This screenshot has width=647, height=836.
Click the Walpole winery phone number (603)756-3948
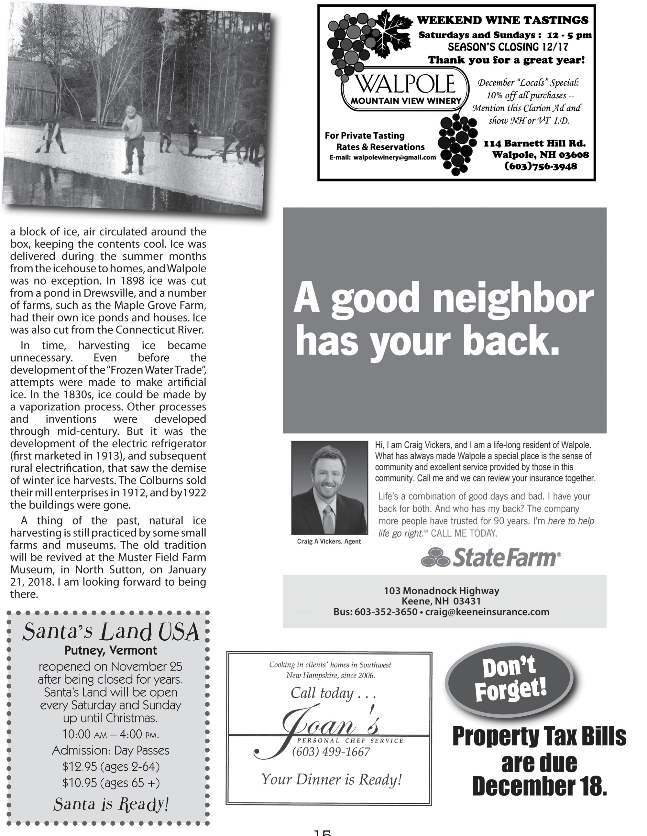pyautogui.click(x=540, y=167)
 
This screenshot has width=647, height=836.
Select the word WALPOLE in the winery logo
pyautogui.click(x=406, y=84)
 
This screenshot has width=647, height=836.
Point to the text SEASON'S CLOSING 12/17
pyautogui.click(x=508, y=47)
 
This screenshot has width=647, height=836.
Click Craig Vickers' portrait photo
pyautogui.click(x=329, y=487)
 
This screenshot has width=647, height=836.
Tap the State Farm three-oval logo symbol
pyautogui.click(x=435, y=557)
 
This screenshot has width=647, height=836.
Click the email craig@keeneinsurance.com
pyautogui.click(x=487, y=612)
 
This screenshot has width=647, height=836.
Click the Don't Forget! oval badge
pyautogui.click(x=510, y=680)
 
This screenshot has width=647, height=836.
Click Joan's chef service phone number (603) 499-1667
pyautogui.click(x=331, y=752)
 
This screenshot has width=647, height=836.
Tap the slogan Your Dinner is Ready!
pyautogui.click(x=331, y=779)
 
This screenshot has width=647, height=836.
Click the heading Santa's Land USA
pyautogui.click(x=111, y=632)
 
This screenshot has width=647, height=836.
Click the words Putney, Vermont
pyautogui.click(x=111, y=650)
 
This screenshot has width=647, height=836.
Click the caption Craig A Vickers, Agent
pyautogui.click(x=329, y=541)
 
